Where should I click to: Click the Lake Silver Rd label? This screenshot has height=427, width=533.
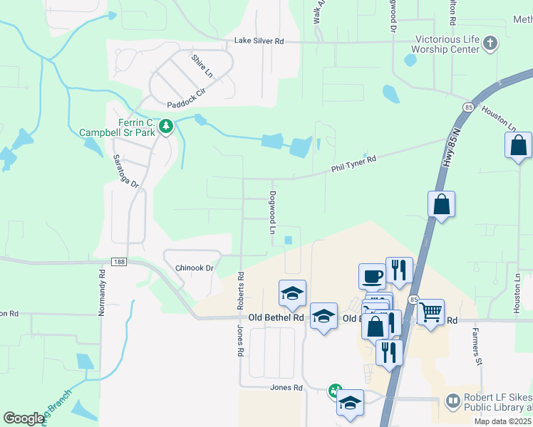coord(259,42)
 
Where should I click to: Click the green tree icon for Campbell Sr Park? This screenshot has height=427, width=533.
coord(166,127)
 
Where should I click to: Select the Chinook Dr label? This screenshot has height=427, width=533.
coord(195,268)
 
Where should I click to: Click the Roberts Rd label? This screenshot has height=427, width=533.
coord(241,290)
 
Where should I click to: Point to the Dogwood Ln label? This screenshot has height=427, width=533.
coord(272,212)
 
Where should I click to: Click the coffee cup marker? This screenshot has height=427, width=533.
coord(371,275)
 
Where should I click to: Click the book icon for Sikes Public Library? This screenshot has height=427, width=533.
coord(452,402)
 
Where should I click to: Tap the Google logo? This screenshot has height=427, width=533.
coord(24,418)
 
